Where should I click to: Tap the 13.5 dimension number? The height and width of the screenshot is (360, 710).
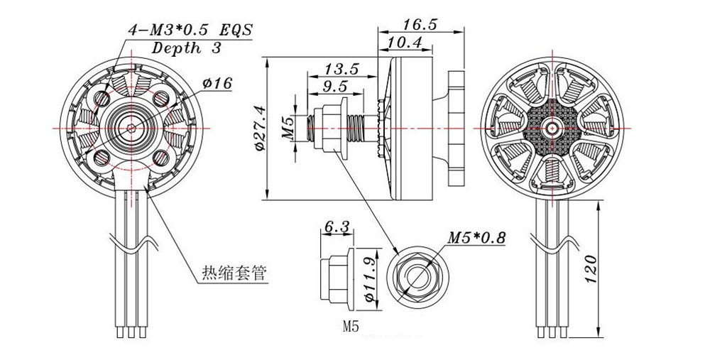(x=341, y=69)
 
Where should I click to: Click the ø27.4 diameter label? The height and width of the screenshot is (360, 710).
(x=258, y=128)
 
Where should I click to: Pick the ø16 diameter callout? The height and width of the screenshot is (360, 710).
(x=217, y=84)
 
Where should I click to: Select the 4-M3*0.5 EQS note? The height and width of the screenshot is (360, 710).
(x=190, y=31)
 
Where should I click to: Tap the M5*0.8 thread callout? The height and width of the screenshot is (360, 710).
(x=476, y=238)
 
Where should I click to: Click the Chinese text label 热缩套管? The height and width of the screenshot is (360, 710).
(x=228, y=273)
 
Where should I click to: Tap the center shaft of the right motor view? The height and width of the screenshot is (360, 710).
(x=552, y=129)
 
